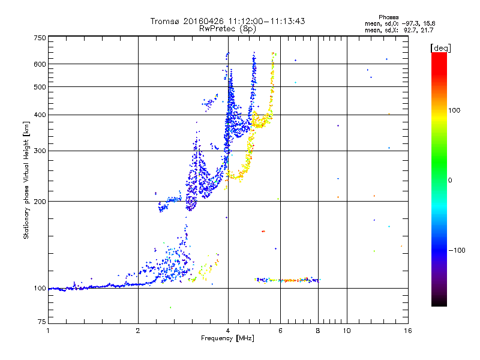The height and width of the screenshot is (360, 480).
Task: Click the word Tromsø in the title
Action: pos(166,21)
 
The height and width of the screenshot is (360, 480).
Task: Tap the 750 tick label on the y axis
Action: pos(40,38)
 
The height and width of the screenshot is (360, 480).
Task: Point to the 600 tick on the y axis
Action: pos(40,64)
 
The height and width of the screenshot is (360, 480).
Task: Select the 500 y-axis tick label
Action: pos(40,87)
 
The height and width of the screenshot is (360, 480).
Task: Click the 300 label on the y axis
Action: pos(40,151)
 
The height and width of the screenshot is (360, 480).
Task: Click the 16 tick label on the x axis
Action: pos(407,330)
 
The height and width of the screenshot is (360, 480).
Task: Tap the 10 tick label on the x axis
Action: pos(346,330)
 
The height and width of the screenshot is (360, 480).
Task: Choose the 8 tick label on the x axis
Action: pos(318,330)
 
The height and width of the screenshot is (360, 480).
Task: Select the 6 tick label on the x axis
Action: pos(280,330)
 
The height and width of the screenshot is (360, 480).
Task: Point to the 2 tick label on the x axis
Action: pos(138,330)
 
